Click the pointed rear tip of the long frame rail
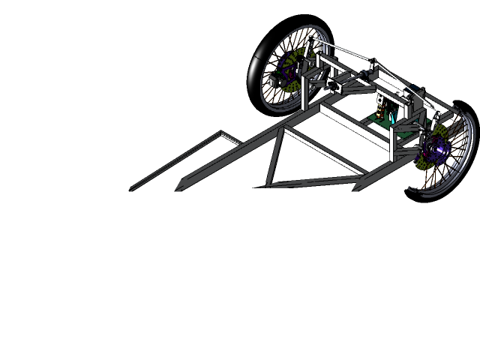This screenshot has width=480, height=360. coord(179,188)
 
